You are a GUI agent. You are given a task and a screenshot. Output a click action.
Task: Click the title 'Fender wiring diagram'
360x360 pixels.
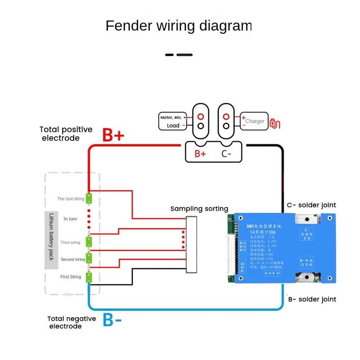(x=179, y=26)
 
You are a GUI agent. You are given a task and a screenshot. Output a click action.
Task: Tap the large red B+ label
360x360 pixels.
(x=113, y=135)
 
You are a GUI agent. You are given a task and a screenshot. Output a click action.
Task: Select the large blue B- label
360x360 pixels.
(x=112, y=320)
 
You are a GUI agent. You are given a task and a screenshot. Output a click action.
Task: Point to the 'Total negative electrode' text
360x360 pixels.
(x=72, y=322)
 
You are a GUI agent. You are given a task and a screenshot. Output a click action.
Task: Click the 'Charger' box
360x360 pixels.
(x=254, y=121)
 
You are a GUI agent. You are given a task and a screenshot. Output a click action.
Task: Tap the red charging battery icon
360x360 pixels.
(x=274, y=122)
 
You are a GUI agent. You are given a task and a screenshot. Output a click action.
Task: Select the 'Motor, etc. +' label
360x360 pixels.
(x=173, y=117)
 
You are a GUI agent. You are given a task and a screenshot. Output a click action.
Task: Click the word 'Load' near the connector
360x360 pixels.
(x=173, y=126)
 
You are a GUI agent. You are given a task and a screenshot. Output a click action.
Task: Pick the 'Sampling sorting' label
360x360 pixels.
(x=199, y=209)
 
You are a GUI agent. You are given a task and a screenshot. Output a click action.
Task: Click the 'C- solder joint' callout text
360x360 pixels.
(x=311, y=205)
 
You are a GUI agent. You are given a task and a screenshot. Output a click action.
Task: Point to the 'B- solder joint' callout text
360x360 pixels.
(x=311, y=299)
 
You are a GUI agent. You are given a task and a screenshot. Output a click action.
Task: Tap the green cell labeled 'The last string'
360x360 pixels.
(x=89, y=198)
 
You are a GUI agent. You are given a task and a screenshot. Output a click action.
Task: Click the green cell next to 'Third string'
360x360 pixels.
(x=89, y=242)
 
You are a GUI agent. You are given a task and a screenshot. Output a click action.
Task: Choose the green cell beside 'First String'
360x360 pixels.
(x=89, y=277)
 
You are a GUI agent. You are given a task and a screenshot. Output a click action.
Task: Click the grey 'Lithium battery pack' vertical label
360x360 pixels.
(x=51, y=240)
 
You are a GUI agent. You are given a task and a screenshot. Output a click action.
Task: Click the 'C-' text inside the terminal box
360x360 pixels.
(x=226, y=153)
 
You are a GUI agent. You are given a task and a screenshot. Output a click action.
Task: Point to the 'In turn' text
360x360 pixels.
(x=71, y=219)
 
